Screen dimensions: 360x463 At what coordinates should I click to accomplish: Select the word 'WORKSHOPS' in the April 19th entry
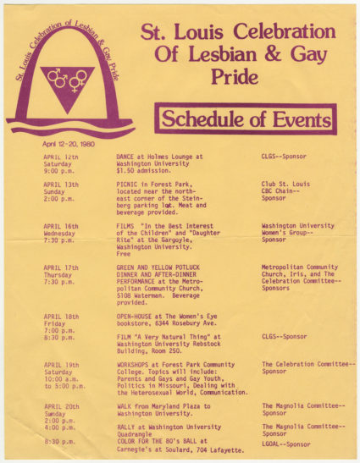135,364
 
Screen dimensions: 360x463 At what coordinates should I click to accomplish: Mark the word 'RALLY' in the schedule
127,427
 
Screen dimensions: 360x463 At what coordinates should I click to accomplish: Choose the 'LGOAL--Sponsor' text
285,443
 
